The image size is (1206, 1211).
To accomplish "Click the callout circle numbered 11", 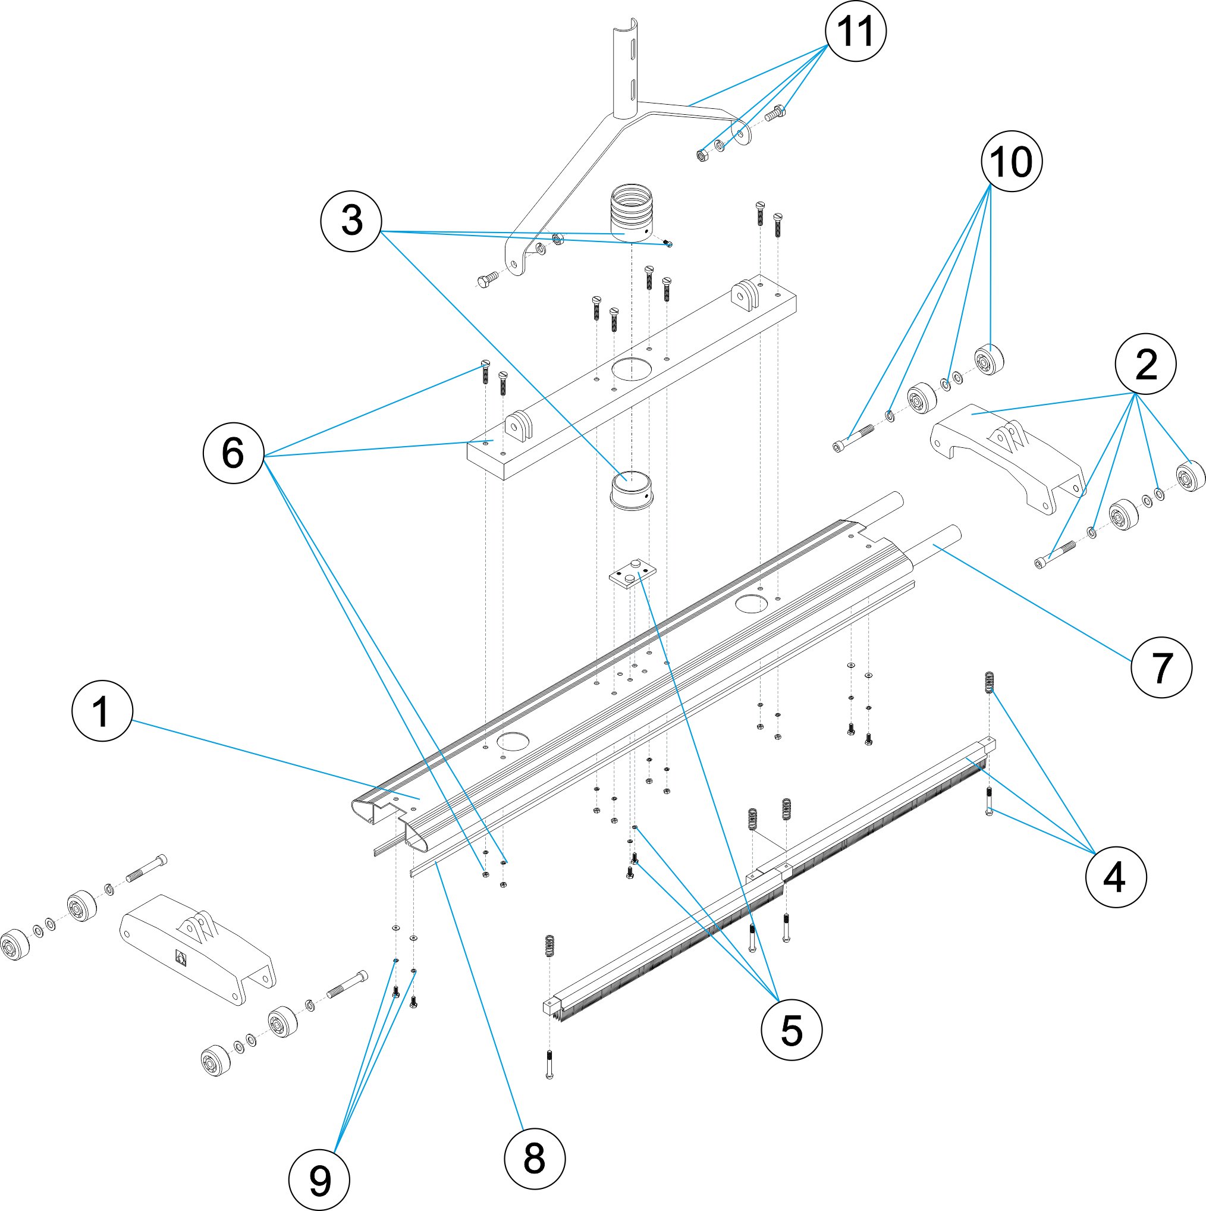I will click(856, 32).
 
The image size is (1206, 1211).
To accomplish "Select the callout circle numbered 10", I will click(1012, 162).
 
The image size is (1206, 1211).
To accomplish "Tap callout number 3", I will click(351, 221).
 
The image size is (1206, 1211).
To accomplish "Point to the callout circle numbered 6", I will click(233, 453).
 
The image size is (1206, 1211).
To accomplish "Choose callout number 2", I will click(1146, 364).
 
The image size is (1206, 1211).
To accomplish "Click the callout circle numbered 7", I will click(1161, 667).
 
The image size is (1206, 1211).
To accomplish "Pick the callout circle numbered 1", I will click(102, 711).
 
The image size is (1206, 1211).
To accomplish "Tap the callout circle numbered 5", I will click(791, 1030).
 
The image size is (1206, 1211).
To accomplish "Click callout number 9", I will click(320, 1181).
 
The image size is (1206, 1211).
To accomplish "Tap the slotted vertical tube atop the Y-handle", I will click(626, 69).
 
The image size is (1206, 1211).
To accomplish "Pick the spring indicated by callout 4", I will click(990, 682).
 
